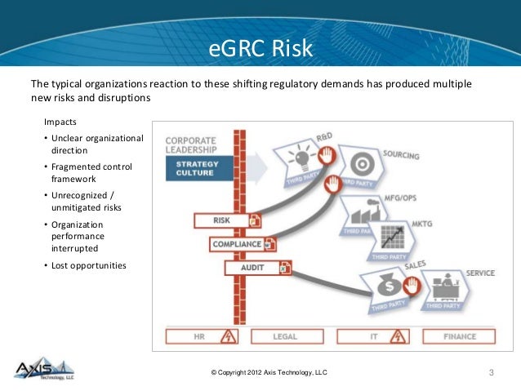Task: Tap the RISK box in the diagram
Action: tap(221, 220)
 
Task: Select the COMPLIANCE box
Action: tap(237, 244)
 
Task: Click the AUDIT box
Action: tap(252, 267)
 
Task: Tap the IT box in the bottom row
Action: tap(372, 336)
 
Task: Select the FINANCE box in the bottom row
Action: tap(459, 336)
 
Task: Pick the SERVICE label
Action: tap(479, 273)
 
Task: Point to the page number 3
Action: tap(492, 373)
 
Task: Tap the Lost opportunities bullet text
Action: tap(89, 266)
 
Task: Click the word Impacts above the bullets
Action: tap(61, 122)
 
